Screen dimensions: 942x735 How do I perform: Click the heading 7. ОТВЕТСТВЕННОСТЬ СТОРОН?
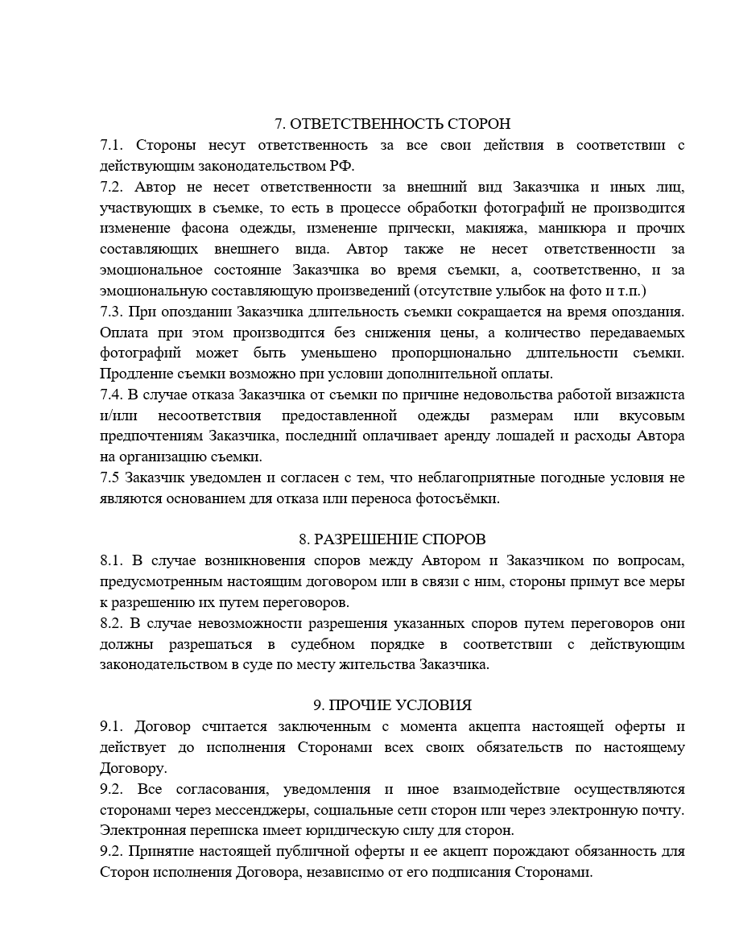pos(393,124)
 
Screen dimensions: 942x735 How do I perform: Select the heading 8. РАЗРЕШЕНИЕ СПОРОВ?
pos(393,539)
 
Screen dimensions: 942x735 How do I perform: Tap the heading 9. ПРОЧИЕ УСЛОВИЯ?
pos(393,705)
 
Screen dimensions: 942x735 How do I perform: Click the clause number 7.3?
pos(111,312)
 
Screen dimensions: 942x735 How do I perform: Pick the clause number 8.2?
pos(111,623)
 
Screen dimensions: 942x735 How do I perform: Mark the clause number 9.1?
pos(111,727)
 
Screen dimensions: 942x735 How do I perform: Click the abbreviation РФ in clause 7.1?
pos(341,167)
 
